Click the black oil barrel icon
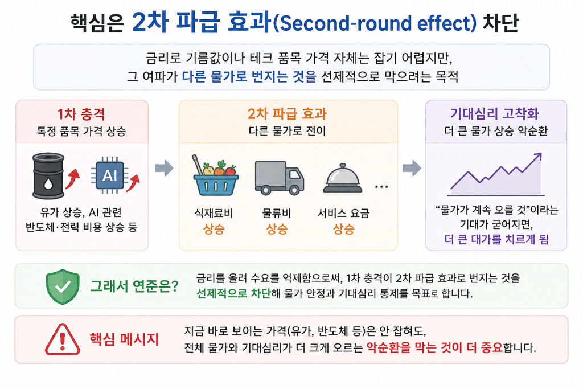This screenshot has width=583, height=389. [48, 175]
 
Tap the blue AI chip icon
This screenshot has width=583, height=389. [110, 175]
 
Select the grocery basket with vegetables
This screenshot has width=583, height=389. [215, 175]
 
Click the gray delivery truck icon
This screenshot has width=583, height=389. [279, 178]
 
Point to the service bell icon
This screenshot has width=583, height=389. [342, 178]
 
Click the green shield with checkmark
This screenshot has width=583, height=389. [63, 286]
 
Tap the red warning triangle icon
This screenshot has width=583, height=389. [63, 339]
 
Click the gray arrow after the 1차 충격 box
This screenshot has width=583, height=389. [164, 168]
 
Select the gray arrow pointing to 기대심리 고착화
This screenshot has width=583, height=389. [412, 168]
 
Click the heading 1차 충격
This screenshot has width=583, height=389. [81, 114]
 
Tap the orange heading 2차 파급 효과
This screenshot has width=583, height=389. [287, 114]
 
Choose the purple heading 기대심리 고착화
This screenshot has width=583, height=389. [494, 113]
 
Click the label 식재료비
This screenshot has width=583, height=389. [214, 213]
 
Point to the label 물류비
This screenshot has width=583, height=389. [277, 213]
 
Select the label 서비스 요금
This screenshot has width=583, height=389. [343, 213]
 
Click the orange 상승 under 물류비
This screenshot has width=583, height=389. [277, 229]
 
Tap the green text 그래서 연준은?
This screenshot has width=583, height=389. [134, 286]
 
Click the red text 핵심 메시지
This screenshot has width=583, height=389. [124, 339]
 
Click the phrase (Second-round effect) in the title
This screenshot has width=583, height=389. [375, 23]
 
